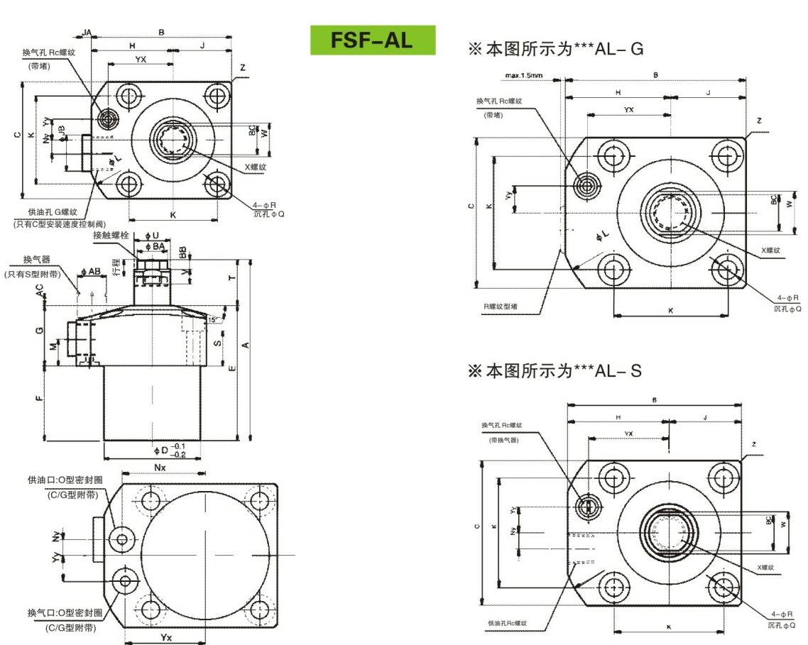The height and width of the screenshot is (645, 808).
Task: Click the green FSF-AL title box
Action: pos(372,40)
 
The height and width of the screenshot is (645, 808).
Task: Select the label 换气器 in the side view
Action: pos(38,260)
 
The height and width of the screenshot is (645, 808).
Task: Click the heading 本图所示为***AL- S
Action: pos(555,370)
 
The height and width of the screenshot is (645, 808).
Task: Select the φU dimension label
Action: pos(152,235)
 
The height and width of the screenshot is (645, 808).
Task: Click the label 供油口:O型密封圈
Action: pos(65,480)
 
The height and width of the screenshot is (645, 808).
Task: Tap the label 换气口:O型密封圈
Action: pos(65,612)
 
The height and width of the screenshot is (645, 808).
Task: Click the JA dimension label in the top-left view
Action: pos(87,33)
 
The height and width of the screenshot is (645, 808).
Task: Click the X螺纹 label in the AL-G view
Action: pos(771,250)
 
